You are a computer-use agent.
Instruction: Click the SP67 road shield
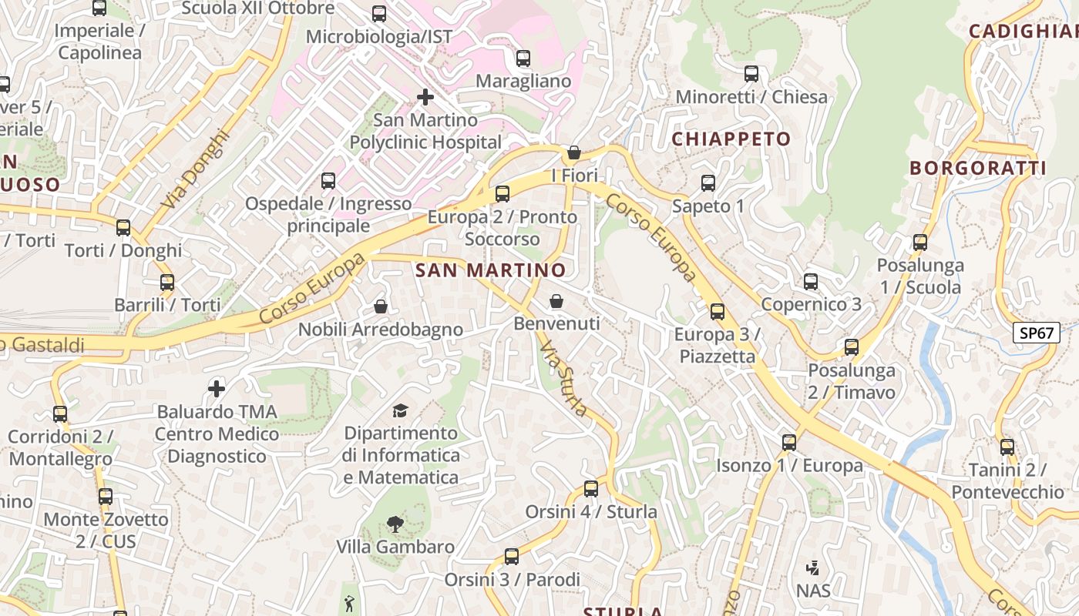(1037, 333)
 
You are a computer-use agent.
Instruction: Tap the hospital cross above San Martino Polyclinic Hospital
(425, 98)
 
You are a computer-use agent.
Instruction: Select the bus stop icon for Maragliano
(523, 59)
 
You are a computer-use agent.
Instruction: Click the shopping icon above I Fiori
(573, 152)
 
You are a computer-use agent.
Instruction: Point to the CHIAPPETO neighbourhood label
(731, 139)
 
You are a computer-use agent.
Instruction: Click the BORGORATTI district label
(977, 169)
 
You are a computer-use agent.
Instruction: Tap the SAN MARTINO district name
(490, 270)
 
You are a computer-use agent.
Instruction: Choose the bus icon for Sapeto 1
(708, 183)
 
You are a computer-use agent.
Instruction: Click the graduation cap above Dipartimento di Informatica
(400, 410)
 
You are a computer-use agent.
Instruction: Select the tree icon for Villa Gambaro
(395, 524)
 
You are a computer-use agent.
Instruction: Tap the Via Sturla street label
(563, 380)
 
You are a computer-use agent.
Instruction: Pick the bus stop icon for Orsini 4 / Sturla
(591, 489)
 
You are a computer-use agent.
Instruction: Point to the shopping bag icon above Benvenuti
(556, 301)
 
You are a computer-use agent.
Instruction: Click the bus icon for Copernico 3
(811, 282)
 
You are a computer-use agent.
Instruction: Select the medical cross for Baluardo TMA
(217, 389)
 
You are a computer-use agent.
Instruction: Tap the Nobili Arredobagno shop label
(381, 330)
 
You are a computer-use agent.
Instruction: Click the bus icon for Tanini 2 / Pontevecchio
(1007, 447)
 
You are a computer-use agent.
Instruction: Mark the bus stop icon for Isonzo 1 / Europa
(789, 443)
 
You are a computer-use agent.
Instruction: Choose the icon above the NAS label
(812, 569)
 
